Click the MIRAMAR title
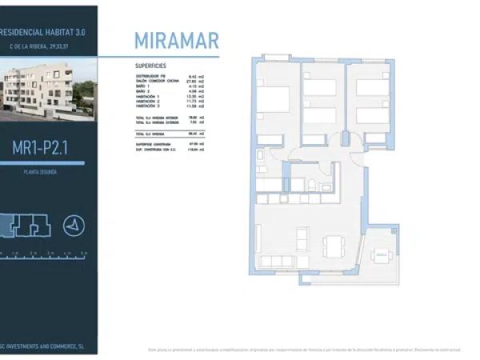[175, 41]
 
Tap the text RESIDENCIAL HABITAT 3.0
[43, 32]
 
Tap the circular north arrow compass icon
[74, 226]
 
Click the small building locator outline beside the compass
[26, 226]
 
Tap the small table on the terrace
[381, 256]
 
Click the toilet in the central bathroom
[311, 186]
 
